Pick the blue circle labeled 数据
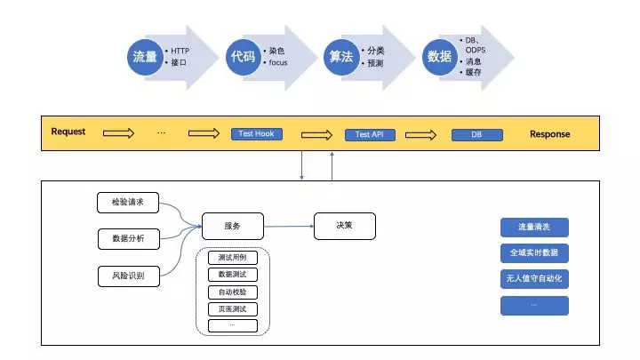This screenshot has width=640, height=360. pos(439,57)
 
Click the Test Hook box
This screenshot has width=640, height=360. pos(256,134)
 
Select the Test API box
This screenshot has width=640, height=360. pos(369,135)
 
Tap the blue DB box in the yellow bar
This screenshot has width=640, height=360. pos(476,135)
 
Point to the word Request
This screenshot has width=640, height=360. pos(68,132)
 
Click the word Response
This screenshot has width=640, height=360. pos(550,134)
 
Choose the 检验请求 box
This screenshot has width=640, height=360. pos(127,203)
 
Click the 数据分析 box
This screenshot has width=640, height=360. pos(127,238)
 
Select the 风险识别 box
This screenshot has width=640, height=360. pos(127,276)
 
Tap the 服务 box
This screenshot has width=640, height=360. pos(232,227)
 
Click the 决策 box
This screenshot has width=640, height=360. pos(344,226)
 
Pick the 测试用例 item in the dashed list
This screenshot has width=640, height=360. pos(232,258)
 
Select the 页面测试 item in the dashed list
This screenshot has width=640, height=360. pos(232,308)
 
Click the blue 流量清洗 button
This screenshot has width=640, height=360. pos(533,227)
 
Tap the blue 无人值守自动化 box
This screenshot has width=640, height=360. pos(533,279)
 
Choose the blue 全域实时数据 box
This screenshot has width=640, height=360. pos(533,252)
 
